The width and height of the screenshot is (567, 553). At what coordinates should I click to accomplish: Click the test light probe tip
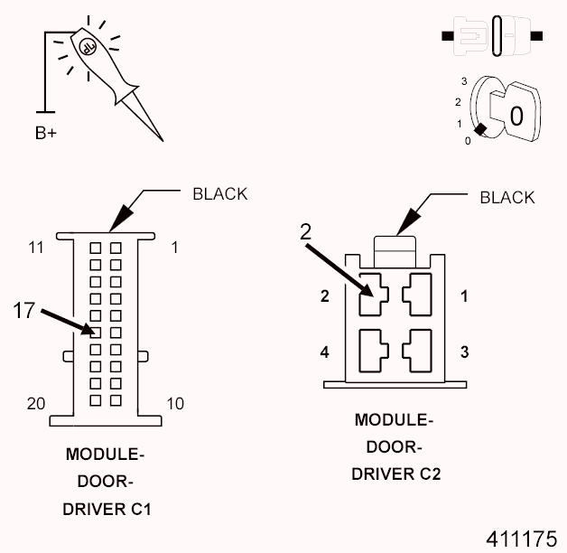click(x=162, y=139)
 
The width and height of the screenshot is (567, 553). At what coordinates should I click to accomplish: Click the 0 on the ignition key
click(x=516, y=116)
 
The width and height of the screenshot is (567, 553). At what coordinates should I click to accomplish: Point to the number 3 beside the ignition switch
click(x=463, y=80)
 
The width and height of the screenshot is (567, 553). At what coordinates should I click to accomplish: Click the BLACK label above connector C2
click(x=507, y=197)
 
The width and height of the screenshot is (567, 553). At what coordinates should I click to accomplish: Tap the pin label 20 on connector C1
click(x=34, y=403)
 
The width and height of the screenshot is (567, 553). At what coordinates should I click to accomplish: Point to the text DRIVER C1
click(x=107, y=509)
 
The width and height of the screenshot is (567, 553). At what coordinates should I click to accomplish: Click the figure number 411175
click(x=521, y=539)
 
